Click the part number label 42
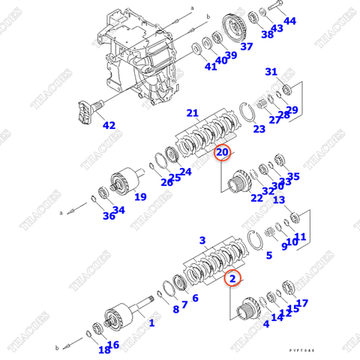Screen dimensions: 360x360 [109, 125]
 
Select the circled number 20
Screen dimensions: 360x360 [223, 153]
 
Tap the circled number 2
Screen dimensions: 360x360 [233, 279]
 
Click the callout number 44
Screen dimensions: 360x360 [289, 21]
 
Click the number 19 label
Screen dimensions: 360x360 [140, 197]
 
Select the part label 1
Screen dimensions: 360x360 [151, 323]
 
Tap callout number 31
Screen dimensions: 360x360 [271, 72]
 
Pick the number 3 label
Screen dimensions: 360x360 [202, 240]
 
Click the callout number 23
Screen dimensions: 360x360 [259, 128]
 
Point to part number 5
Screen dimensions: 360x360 [268, 255]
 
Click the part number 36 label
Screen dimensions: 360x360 [109, 216]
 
